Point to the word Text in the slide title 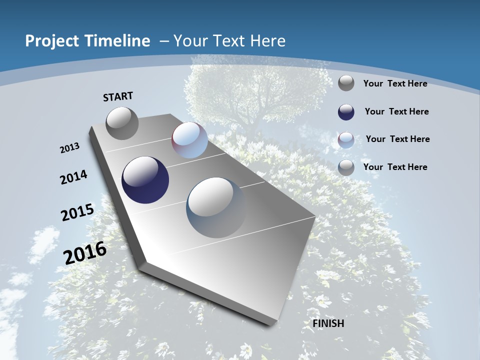(x=223, y=41)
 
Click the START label (x=118, y=96)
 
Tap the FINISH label (x=328, y=323)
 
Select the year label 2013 (x=70, y=148)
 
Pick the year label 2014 (x=74, y=177)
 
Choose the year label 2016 (x=85, y=253)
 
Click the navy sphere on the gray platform (x=145, y=180)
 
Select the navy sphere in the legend (x=346, y=112)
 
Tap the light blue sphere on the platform (x=189, y=140)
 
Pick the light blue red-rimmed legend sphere (x=346, y=140)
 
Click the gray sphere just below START (x=122, y=123)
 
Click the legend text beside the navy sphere (x=396, y=111)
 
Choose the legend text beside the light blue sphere (x=397, y=139)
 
